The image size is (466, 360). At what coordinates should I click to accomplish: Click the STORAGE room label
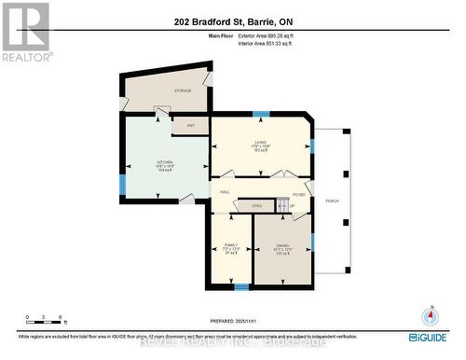(183, 90)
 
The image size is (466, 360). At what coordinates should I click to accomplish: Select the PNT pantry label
(191, 125)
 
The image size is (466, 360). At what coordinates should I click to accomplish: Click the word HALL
(225, 192)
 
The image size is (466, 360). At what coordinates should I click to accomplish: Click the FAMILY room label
(229, 243)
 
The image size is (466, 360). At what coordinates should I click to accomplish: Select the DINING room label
(281, 244)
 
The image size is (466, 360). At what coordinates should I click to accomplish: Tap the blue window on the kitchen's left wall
(121, 184)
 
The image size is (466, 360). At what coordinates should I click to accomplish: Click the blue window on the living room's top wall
(261, 114)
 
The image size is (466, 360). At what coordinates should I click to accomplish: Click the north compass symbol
(431, 315)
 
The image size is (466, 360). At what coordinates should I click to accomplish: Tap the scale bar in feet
(45, 323)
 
